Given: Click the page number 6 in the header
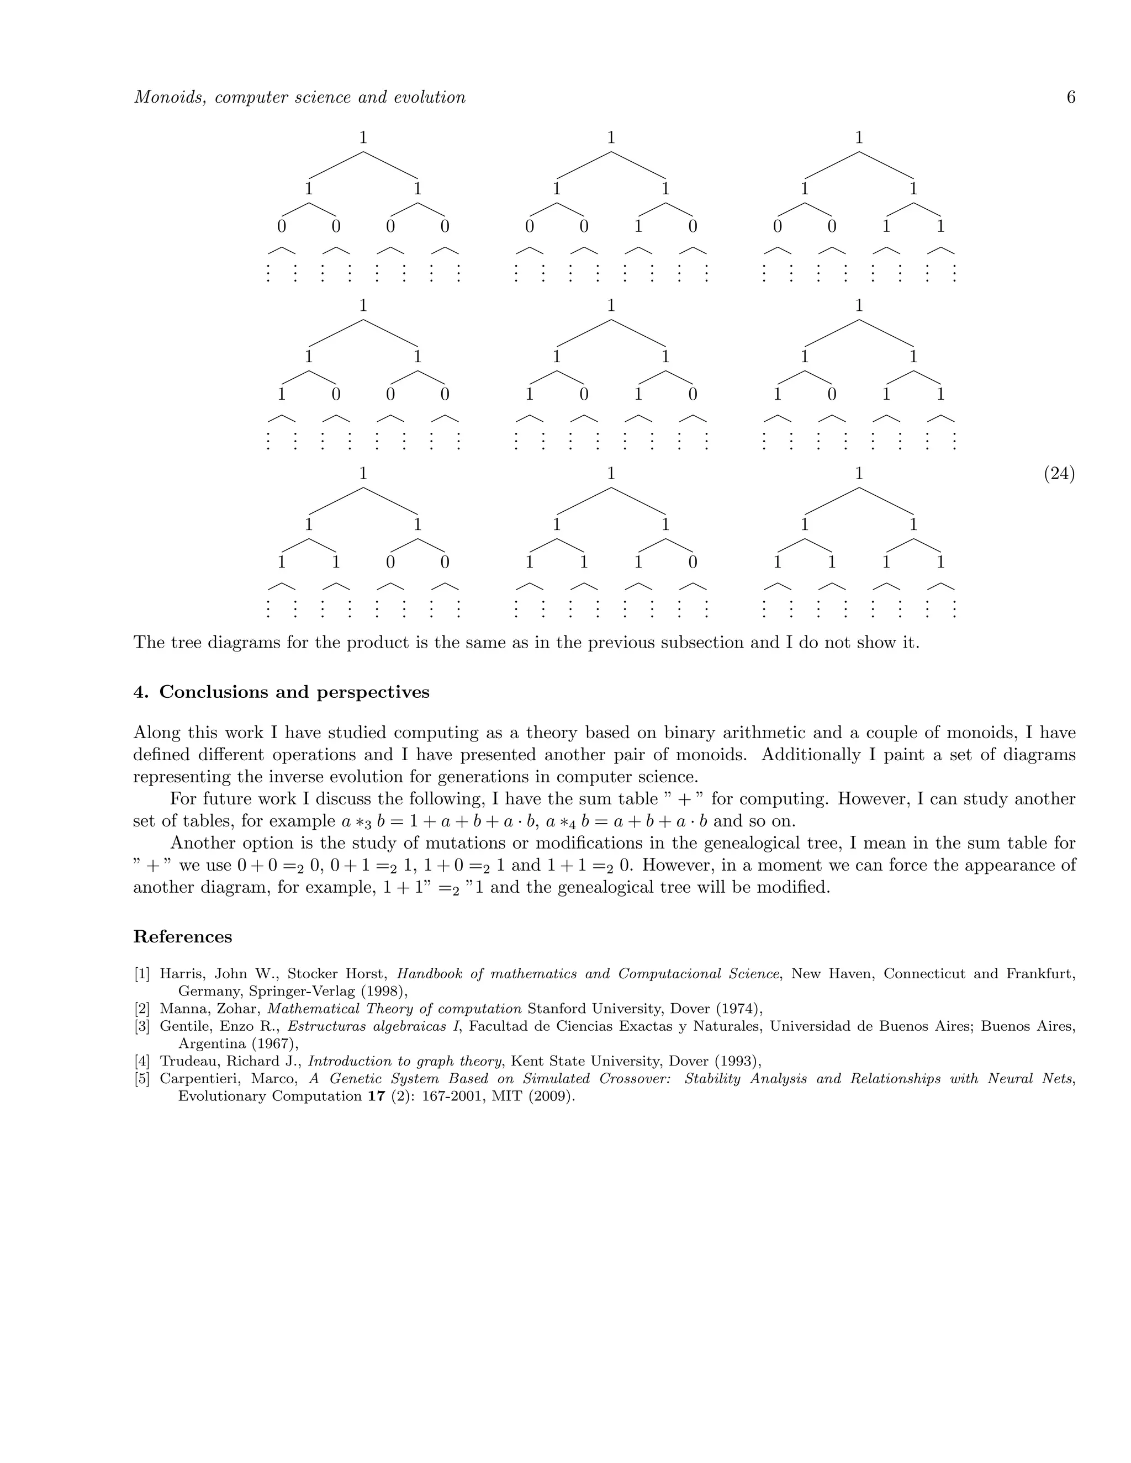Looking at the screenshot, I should click(x=1071, y=98).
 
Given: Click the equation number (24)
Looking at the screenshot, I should click(x=1059, y=474).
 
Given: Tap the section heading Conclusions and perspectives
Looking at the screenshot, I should click(x=294, y=692).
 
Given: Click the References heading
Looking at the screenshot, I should click(x=182, y=936).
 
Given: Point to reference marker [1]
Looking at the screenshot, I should click(x=142, y=974).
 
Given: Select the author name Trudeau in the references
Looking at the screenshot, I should click(x=189, y=1061).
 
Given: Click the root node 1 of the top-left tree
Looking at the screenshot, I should click(x=363, y=138).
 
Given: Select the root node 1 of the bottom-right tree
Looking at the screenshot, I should click(x=859, y=474).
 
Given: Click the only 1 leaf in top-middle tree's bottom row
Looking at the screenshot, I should click(x=638, y=227).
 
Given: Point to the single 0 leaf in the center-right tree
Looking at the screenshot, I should click(x=832, y=395).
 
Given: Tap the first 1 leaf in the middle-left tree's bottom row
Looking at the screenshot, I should click(x=282, y=395).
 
